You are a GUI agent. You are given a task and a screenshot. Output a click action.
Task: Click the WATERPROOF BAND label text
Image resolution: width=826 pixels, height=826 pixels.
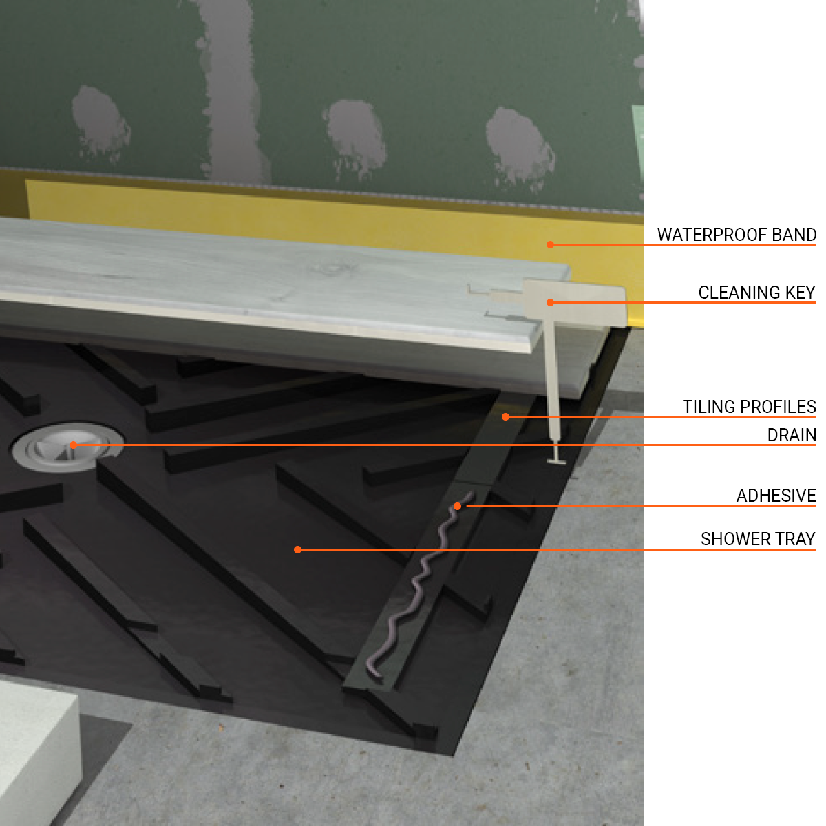pos(737,235)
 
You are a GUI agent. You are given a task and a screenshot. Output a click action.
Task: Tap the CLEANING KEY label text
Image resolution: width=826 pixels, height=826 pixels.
pos(756,293)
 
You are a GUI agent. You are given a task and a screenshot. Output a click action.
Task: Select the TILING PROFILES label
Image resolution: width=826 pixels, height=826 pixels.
pos(749,407)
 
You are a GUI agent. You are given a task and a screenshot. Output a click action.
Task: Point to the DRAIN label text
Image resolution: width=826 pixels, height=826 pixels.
pos(792,435)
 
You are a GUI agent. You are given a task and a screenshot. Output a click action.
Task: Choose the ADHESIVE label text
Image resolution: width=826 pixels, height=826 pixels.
pos(776,496)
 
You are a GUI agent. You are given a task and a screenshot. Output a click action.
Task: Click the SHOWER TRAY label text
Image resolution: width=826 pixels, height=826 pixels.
pos(758,539)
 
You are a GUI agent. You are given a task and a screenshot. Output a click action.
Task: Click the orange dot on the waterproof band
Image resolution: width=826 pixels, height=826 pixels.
pos(550,244)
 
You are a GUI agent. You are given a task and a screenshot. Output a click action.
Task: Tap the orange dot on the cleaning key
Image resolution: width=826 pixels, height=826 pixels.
pos(550,302)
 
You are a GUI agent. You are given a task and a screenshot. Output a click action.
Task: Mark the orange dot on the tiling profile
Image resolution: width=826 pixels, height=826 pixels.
pos(505,416)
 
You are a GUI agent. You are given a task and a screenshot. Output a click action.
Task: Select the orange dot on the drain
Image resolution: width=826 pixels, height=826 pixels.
pos(74,445)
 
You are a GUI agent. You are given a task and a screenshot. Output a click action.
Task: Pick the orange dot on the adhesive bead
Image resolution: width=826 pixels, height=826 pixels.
pos(457,507)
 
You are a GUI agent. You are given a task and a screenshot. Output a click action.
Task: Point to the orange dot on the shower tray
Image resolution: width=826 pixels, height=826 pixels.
pos(297,549)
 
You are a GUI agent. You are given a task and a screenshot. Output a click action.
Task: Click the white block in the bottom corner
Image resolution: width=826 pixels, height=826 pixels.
pos(34,750)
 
